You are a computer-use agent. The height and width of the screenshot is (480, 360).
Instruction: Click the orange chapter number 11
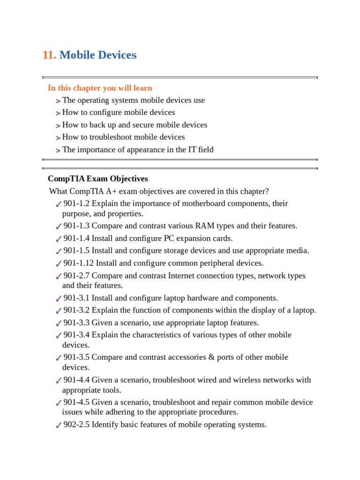pos(49,55)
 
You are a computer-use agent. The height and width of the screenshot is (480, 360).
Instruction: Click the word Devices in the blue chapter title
pos(117,55)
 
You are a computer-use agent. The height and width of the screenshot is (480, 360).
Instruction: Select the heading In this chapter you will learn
pos(100,88)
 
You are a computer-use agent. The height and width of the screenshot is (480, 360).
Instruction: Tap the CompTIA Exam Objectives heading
pos(97,179)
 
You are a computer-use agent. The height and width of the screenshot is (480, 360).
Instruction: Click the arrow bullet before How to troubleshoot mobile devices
pos(58,138)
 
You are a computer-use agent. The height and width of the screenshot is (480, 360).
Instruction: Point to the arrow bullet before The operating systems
pos(58,101)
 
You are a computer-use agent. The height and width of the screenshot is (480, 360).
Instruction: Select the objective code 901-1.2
pos(76,203)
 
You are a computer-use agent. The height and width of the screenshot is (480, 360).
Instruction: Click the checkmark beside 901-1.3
pos(58,226)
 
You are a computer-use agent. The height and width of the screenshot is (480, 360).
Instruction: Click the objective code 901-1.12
pos(78,263)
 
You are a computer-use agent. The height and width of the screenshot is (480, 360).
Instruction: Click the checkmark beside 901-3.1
pos(58,299)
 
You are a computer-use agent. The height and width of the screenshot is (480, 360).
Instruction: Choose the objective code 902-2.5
pos(76,425)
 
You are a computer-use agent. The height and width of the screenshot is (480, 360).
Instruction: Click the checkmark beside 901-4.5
pos(58,403)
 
